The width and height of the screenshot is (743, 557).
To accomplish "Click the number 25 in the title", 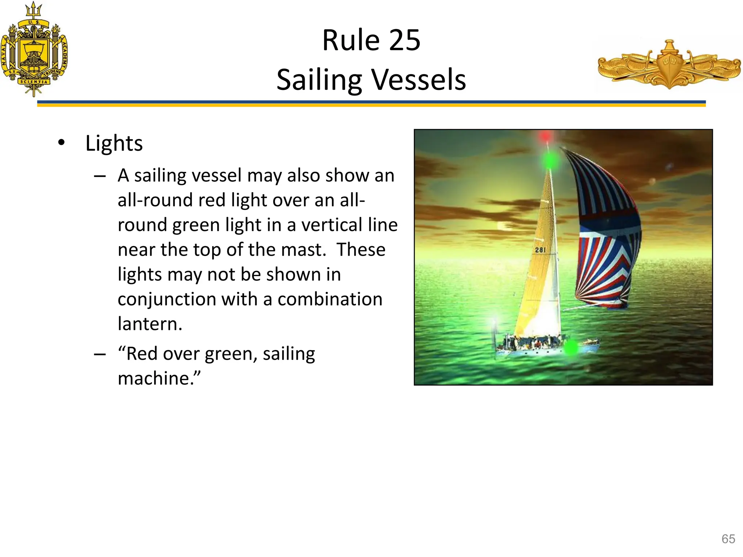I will pos(405,40).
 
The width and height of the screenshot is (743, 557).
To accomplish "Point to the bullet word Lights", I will pos(114,143).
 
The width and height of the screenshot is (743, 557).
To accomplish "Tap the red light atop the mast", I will pos(545,137).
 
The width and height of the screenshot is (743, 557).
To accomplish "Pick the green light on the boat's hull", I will pos(571,347).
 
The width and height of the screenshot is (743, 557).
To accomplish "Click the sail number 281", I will pos(540,250).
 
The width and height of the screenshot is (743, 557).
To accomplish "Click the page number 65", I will pos(728,539).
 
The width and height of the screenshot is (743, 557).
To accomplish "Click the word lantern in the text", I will pos(149,324).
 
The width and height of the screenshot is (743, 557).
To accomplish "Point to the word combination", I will pos(330,300).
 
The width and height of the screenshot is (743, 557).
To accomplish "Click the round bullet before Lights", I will pos(61,143).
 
